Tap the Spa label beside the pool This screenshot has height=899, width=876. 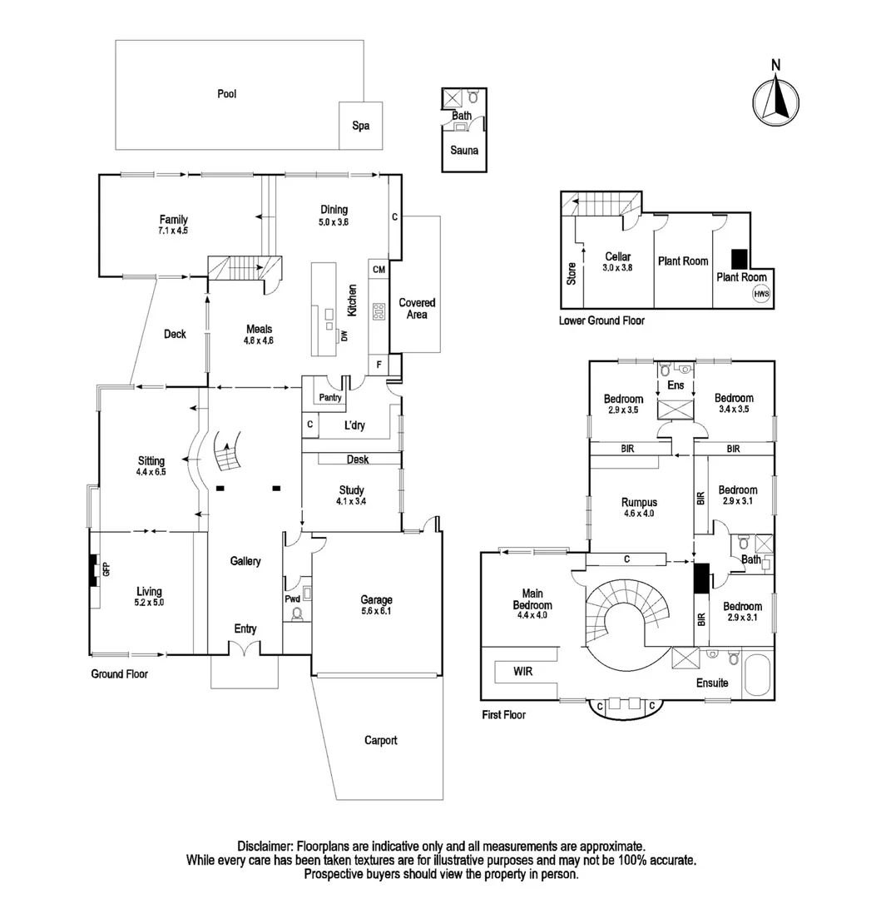(x=360, y=127)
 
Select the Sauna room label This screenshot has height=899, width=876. (x=463, y=151)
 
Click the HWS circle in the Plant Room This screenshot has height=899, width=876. (x=760, y=294)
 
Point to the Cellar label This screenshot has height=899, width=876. (x=617, y=257)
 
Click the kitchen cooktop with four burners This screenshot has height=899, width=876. (x=379, y=312)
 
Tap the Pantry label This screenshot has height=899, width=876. (x=330, y=398)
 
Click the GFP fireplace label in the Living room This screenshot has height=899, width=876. (x=106, y=570)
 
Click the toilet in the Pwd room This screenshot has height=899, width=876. (x=296, y=614)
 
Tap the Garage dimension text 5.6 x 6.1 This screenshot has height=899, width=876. (x=376, y=611)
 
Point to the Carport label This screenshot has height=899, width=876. (x=380, y=740)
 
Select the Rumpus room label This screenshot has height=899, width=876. (x=639, y=502)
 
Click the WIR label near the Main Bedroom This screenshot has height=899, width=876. (x=522, y=670)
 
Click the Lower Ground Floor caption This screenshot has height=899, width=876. (x=602, y=320)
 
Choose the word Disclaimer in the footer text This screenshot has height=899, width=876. (x=266, y=845)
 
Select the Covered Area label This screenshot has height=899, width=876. (x=417, y=309)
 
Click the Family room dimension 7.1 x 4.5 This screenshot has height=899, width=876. (x=174, y=231)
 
